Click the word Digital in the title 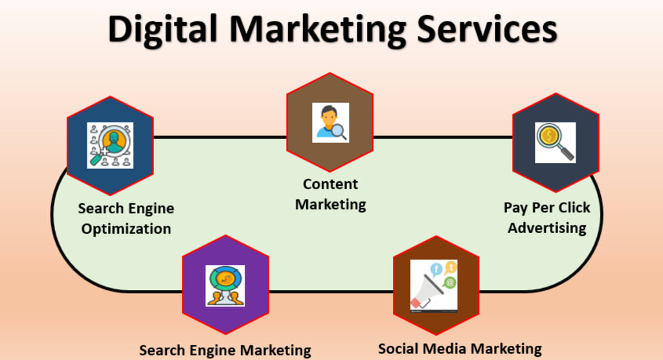(x=163, y=29)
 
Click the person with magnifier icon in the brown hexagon (x=330, y=122)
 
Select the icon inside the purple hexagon (x=225, y=286)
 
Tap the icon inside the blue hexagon (x=110, y=146)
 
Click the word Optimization (x=126, y=229)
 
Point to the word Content (x=330, y=184)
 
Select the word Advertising (x=547, y=228)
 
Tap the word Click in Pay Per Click (x=572, y=208)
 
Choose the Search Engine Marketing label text (x=225, y=350)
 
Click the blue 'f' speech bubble (x=436, y=268)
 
